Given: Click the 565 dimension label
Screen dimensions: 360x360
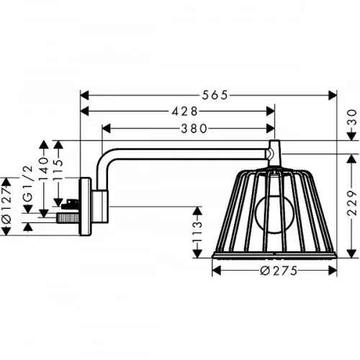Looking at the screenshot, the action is coord(215,95).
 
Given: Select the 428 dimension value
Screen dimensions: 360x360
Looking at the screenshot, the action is coord(184,111).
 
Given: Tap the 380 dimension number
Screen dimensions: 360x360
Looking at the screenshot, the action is coord(194,129).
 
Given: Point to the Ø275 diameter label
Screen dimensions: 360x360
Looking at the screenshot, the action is coord(279,271).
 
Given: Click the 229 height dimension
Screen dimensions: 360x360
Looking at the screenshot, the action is coord(352,203).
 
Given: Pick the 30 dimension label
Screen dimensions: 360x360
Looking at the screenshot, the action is coord(352,117).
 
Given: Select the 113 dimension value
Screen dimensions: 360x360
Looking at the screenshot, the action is coord(197,232).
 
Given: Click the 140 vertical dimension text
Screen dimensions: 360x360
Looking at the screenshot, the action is coord(43,168).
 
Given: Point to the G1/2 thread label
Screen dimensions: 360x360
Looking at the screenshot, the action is coord(28,184).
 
